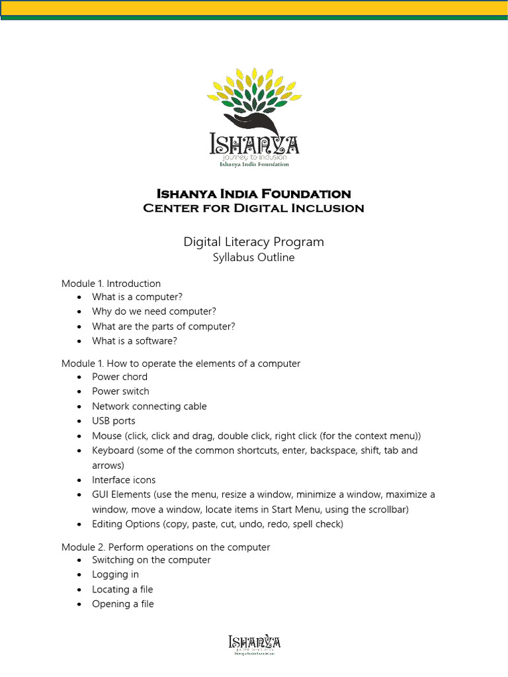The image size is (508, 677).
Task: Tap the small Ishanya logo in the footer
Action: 254,645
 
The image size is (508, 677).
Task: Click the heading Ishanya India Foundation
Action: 253,194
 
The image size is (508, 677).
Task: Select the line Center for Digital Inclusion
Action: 253,208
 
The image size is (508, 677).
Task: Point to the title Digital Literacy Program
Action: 253,242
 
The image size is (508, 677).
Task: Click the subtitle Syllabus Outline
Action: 253,257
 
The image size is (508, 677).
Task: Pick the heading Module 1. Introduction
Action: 111,284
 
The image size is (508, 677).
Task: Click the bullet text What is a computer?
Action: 137,297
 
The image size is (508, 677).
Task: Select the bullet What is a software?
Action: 135,341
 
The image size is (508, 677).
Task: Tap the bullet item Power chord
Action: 120,377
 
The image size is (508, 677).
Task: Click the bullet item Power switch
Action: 120,391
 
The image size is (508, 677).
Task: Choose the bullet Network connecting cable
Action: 149,406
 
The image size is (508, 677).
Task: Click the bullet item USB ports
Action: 113,420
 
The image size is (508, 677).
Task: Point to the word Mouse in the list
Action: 106,436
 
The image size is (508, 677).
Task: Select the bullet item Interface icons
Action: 124,480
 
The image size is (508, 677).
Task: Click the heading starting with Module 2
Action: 165,547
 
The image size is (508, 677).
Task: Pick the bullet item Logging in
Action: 115,575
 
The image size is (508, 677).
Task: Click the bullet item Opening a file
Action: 122,604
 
